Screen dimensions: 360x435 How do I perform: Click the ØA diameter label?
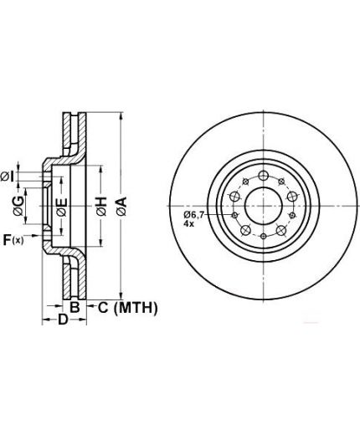click(x=122, y=206)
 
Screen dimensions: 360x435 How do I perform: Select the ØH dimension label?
click(x=101, y=207)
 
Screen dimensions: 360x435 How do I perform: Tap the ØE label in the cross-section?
click(x=62, y=207)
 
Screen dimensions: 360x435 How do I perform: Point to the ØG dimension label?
click(x=18, y=206)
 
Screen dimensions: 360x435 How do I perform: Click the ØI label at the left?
click(x=8, y=177)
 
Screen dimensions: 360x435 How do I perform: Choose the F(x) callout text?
click(x=13, y=240)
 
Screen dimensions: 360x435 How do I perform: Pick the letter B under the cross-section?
click(x=75, y=307)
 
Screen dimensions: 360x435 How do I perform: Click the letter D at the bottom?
click(x=63, y=320)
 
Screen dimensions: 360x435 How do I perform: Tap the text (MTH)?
click(x=136, y=308)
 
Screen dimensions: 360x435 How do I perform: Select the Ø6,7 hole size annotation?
click(x=194, y=215)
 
